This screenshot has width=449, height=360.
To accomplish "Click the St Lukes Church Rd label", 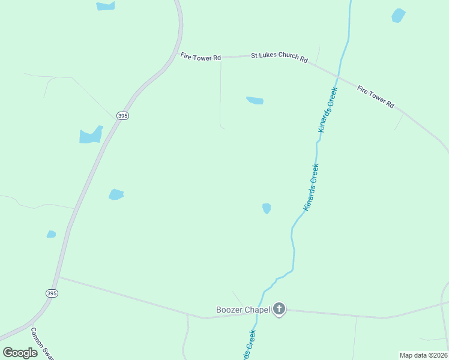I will (279, 58).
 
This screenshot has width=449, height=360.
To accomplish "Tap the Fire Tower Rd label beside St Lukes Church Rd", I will (200, 56).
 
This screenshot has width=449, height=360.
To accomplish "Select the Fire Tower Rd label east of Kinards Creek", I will (376, 97).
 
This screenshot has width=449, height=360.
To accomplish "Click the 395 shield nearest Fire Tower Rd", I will (122, 115).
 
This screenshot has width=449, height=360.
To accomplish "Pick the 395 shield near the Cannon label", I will (52, 293).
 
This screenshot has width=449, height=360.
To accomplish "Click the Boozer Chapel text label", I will (243, 310).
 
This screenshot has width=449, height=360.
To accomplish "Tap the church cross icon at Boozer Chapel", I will (279, 310).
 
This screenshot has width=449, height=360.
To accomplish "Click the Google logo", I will (20, 353).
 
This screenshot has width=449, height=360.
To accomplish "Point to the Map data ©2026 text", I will (423, 355).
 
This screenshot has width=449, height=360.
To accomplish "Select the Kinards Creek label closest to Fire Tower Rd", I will (328, 110).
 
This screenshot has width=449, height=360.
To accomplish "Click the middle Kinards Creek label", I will (311, 187).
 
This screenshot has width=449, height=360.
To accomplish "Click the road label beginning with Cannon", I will (42, 343).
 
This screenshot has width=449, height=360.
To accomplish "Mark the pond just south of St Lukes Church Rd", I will (255, 100).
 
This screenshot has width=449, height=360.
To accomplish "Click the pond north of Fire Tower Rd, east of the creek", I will (399, 15).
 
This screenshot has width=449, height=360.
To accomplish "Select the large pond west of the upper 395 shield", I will (91, 136).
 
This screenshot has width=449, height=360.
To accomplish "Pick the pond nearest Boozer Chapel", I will (267, 208).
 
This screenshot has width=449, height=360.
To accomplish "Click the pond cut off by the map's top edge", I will (106, 6).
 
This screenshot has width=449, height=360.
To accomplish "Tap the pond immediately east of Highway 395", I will (116, 194).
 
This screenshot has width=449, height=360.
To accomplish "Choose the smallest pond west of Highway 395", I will (51, 234).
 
